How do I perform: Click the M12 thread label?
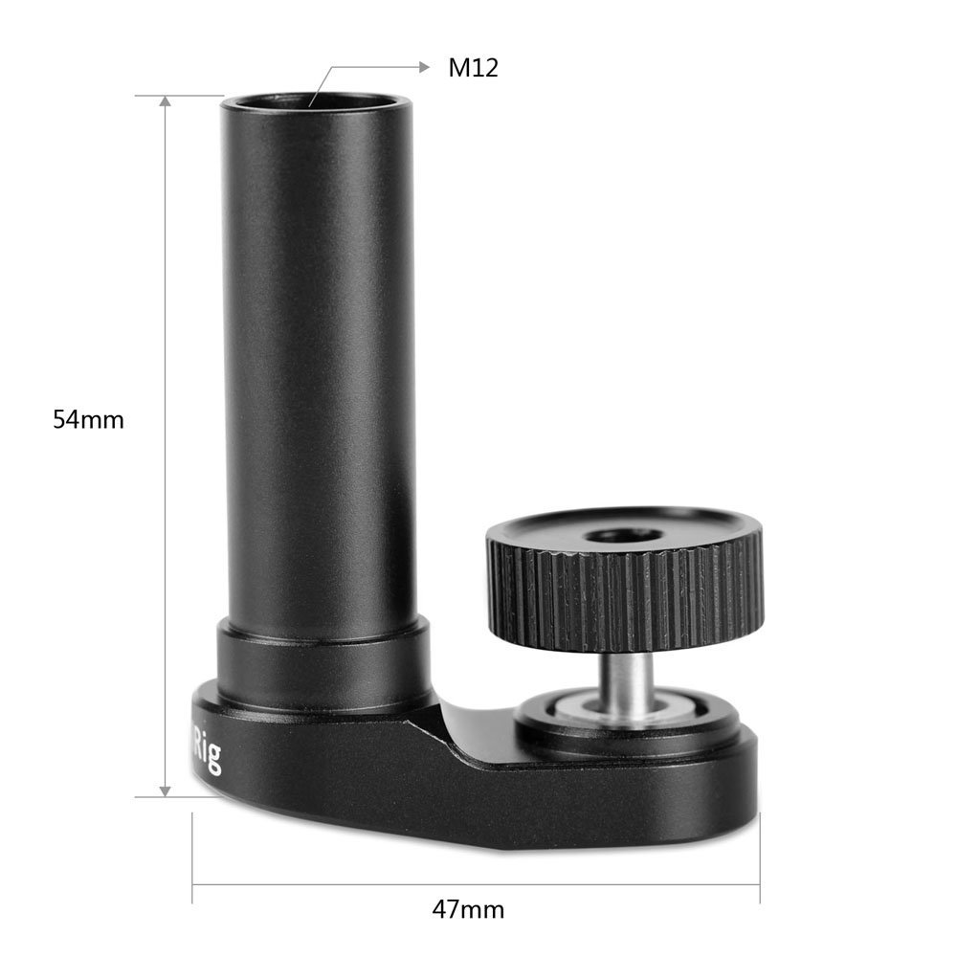(473, 68)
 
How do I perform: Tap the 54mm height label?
(89, 419)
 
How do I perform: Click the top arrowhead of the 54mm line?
(166, 101)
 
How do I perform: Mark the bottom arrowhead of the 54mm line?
(166, 790)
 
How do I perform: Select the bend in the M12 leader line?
(330, 67)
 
